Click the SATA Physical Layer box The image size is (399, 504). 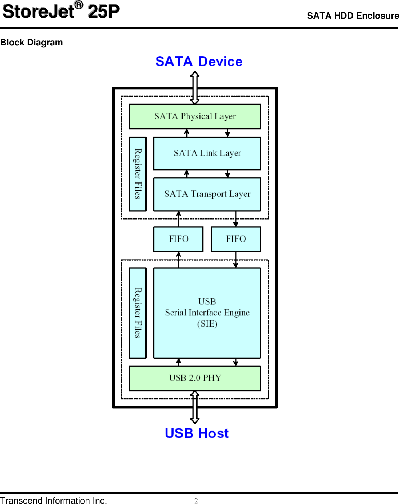pos(194,116)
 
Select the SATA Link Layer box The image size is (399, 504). pos(207,153)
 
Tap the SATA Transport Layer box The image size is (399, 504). pos(207,194)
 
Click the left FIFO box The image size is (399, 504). pos(178,239)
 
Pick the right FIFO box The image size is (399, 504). pos(236,239)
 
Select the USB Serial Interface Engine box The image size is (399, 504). pos(207,313)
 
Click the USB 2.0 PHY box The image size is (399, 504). pos(194,378)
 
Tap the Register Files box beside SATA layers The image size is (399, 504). pos(138,174)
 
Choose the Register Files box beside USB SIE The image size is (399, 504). pos(138,313)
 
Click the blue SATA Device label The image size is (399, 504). pos(199,62)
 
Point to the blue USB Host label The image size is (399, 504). pos(197,433)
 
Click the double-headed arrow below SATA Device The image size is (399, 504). pos(195,88)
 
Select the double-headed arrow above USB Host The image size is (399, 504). pos(195,407)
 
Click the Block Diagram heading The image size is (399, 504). pos(32,43)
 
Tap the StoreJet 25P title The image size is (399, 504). pos(60,12)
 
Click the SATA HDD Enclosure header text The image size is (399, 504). pos(353,16)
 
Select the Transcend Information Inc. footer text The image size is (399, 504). pos(53,500)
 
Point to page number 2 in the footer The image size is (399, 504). pos(196,500)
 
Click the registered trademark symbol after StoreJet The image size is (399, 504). pos(79,5)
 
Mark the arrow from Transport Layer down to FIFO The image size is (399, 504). pos(236,219)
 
